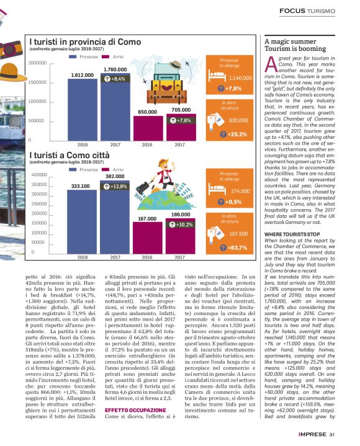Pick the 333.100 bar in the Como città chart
point(83,221)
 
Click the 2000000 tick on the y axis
point(38,63)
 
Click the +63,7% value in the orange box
point(236,248)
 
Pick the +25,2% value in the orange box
point(236,134)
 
